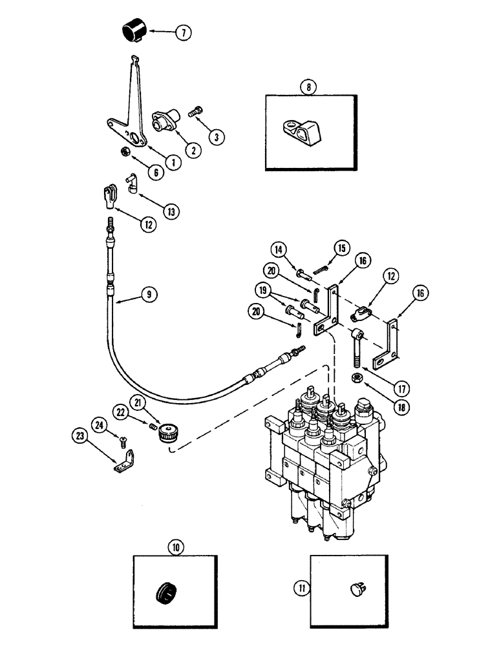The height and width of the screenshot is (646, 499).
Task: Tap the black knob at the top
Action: pos(134,31)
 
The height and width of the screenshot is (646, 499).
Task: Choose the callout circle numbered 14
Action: pos(278,249)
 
